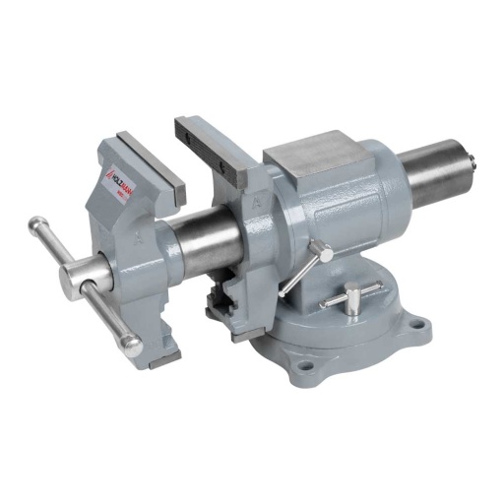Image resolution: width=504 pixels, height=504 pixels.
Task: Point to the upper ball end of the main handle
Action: (x=34, y=223)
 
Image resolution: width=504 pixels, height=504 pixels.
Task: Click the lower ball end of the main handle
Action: (x=129, y=345)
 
